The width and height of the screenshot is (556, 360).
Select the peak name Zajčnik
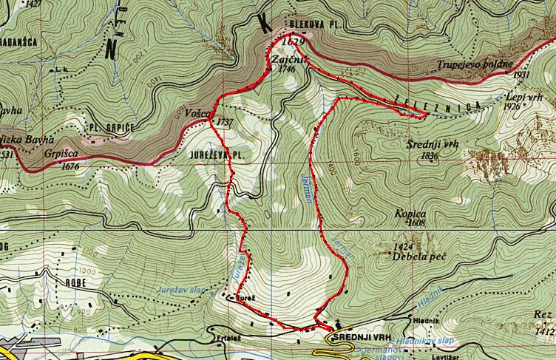point(284,58)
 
